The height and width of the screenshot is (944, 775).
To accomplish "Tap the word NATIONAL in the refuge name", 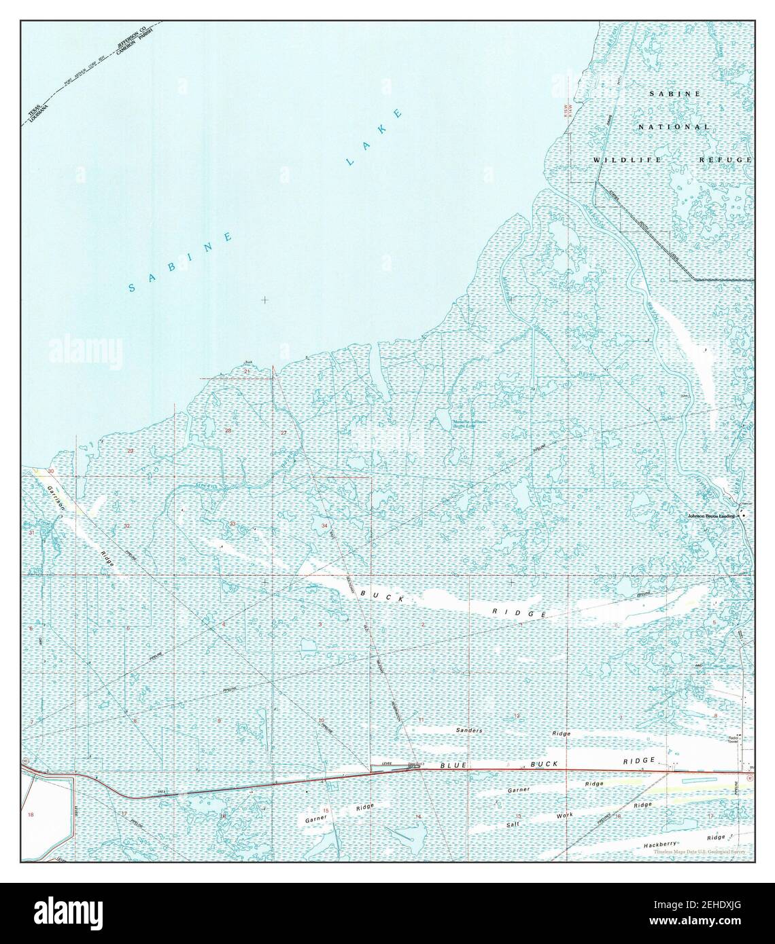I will [674, 127].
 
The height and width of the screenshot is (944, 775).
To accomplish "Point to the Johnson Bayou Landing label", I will [712, 516].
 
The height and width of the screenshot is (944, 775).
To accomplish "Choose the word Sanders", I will [468, 730].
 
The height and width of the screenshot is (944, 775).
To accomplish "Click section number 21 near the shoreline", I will [247, 372].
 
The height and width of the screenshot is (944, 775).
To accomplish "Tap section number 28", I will [228, 431].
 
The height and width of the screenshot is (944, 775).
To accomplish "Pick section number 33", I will [232, 524].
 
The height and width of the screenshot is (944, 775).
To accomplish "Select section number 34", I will [325, 526].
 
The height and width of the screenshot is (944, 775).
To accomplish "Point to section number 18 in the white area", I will [30, 814].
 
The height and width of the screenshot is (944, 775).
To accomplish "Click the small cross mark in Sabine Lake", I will [264, 299].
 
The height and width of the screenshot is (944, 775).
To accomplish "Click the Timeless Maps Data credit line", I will [700, 852].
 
